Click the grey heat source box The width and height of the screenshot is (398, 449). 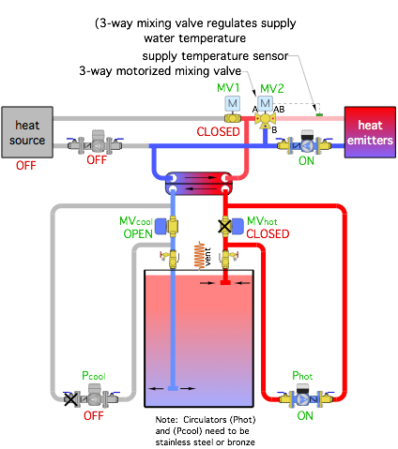point(27,132)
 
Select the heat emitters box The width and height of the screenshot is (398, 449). point(370,132)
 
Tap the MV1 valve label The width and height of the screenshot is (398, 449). point(228,88)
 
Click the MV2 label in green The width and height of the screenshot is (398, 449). point(272,88)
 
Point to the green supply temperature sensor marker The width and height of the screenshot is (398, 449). point(319,115)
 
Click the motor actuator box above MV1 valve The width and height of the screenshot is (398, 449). point(233,103)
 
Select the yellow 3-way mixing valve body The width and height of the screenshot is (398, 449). point(266,119)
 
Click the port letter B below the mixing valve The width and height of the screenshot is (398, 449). point(274,129)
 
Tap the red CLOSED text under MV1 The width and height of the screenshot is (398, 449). point(218,132)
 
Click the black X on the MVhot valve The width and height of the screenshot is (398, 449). point(224,227)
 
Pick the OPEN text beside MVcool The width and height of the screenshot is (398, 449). point(138,233)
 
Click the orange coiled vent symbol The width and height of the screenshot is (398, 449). point(199,255)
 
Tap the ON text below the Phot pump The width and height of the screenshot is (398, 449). point(305,416)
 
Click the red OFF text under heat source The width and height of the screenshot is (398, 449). point(26,165)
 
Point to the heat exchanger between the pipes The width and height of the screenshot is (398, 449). point(199,183)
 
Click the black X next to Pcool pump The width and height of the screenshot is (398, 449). point(70,399)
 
